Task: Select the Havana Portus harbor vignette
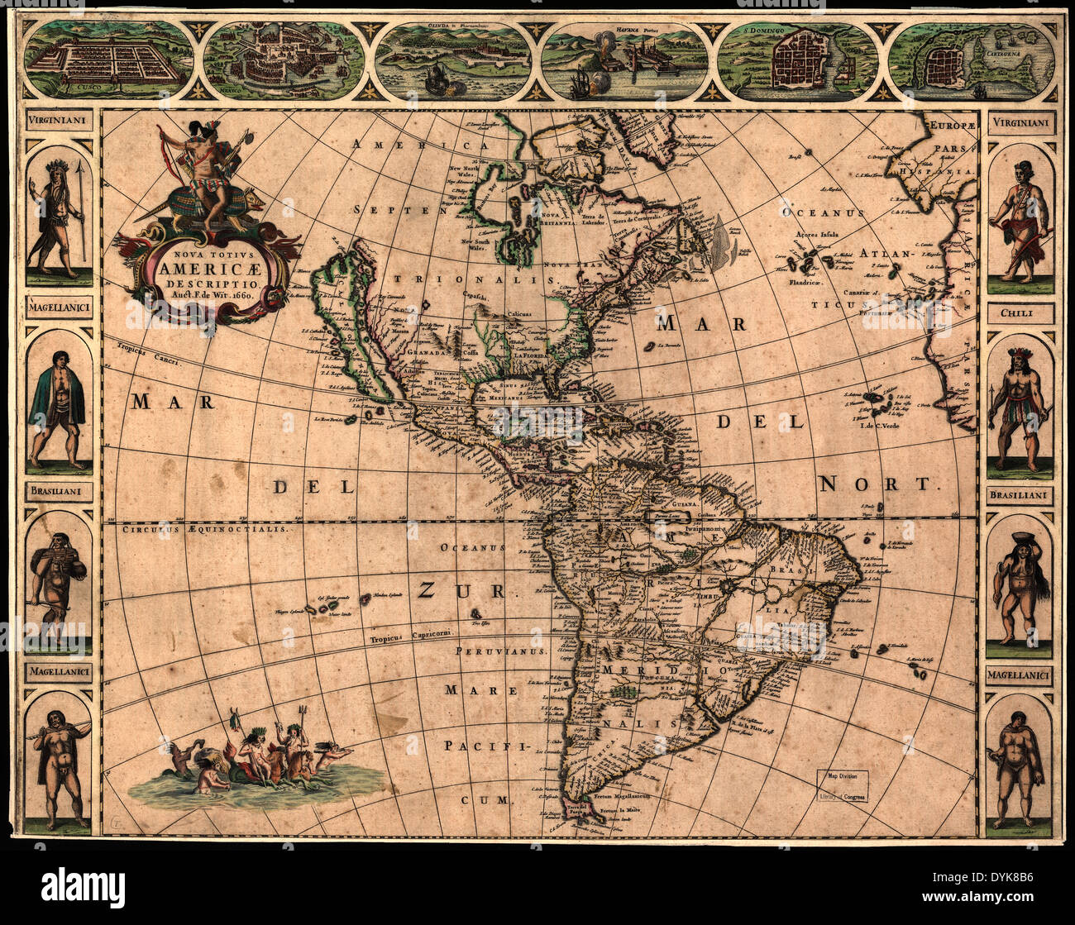coord(625,60)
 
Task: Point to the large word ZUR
coord(461,589)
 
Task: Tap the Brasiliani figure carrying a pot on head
coord(1020,583)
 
